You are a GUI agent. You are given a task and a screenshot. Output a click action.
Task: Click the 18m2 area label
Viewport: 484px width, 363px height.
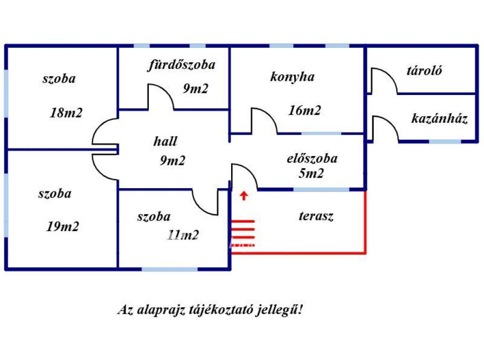(x=66, y=113)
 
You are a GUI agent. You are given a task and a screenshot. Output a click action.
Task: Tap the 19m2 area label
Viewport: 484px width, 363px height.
(x=62, y=227)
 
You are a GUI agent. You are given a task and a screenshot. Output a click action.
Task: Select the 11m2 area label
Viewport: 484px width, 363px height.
(x=182, y=235)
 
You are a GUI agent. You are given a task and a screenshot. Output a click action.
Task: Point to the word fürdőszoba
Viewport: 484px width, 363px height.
(x=181, y=65)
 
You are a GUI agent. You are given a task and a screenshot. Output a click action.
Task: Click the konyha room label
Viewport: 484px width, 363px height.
(x=292, y=77)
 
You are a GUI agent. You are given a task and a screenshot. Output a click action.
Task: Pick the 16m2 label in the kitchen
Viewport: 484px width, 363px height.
(x=304, y=111)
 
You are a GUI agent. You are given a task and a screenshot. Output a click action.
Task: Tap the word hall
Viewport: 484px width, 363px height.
(x=165, y=141)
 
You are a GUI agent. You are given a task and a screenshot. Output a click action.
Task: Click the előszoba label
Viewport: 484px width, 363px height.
(x=312, y=158)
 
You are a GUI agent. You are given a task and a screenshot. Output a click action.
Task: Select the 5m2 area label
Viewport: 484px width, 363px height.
(x=311, y=173)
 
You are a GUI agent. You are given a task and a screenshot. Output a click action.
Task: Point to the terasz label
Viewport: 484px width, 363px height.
(x=316, y=216)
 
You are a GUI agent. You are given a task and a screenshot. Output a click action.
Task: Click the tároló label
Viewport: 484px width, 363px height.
(x=424, y=71)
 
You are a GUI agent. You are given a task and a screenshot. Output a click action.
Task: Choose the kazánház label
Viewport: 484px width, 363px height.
(x=440, y=119)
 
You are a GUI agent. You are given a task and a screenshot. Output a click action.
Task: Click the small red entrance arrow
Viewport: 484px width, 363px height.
(x=244, y=196)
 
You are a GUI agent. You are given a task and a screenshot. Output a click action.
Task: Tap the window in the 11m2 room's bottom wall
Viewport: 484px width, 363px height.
(x=170, y=269)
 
